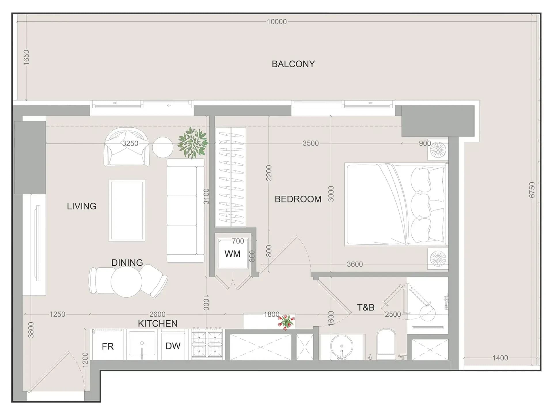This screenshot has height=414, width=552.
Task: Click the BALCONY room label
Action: [x=293, y=64]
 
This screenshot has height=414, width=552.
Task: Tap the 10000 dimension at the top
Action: [x=277, y=22]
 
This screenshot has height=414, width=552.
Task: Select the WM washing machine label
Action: [x=232, y=254]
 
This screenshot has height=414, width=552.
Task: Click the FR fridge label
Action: [x=108, y=346]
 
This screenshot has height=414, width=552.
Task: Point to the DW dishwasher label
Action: [x=173, y=346]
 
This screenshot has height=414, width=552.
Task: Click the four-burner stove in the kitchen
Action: [x=207, y=344]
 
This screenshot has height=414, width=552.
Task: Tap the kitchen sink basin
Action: [x=142, y=343]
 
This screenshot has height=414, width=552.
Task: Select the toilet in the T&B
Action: [x=386, y=344]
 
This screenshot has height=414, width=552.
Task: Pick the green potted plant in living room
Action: [x=193, y=143]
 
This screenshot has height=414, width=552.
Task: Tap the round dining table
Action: [x=126, y=281]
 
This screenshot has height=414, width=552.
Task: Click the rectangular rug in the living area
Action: [x=127, y=211]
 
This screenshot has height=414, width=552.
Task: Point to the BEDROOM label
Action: [x=298, y=199]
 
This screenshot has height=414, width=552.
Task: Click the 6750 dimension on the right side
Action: [x=532, y=190]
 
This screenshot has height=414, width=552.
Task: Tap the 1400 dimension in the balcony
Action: [x=500, y=358]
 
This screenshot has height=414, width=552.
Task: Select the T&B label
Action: [x=366, y=308]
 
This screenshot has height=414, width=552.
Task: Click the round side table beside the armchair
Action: [x=163, y=147]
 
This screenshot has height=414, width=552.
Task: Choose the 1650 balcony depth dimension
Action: [x=26, y=57]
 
